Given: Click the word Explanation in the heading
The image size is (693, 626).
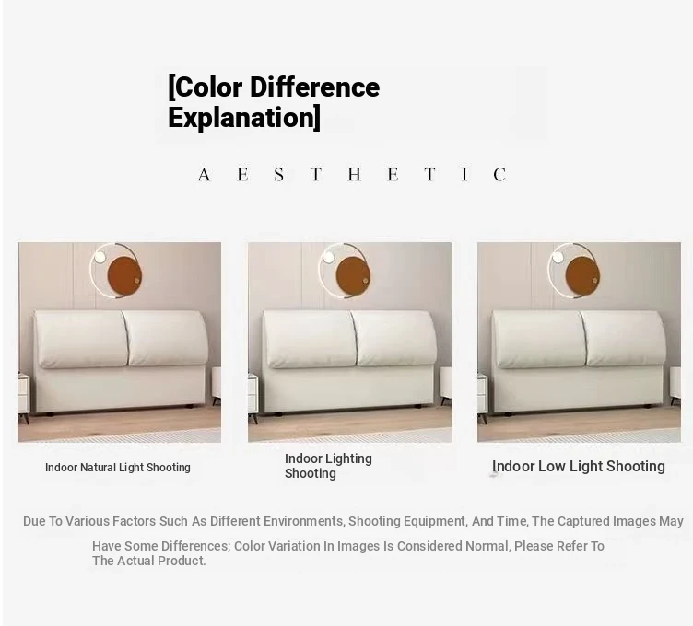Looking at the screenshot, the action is (x=241, y=118).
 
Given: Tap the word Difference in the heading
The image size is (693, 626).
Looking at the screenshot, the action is (x=314, y=87).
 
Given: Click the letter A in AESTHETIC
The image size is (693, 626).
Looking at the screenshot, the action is (x=204, y=175).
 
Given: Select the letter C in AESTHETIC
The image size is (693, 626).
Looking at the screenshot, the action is (x=499, y=175).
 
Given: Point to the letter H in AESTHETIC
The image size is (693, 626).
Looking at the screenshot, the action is (x=355, y=175).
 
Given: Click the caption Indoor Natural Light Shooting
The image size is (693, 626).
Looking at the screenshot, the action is (x=118, y=467).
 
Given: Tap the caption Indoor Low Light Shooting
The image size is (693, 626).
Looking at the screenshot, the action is (x=579, y=466).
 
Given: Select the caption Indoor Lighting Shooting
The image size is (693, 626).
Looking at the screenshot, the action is (x=328, y=466).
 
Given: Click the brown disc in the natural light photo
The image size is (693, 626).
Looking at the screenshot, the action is (x=124, y=276).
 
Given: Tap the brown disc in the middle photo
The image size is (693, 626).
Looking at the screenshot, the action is (x=354, y=275).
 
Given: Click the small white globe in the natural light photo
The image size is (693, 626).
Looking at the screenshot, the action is (x=100, y=256).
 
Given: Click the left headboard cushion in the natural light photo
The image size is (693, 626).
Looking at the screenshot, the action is (x=81, y=339).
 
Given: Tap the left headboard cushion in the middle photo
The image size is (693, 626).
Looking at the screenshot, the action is (x=310, y=339).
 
